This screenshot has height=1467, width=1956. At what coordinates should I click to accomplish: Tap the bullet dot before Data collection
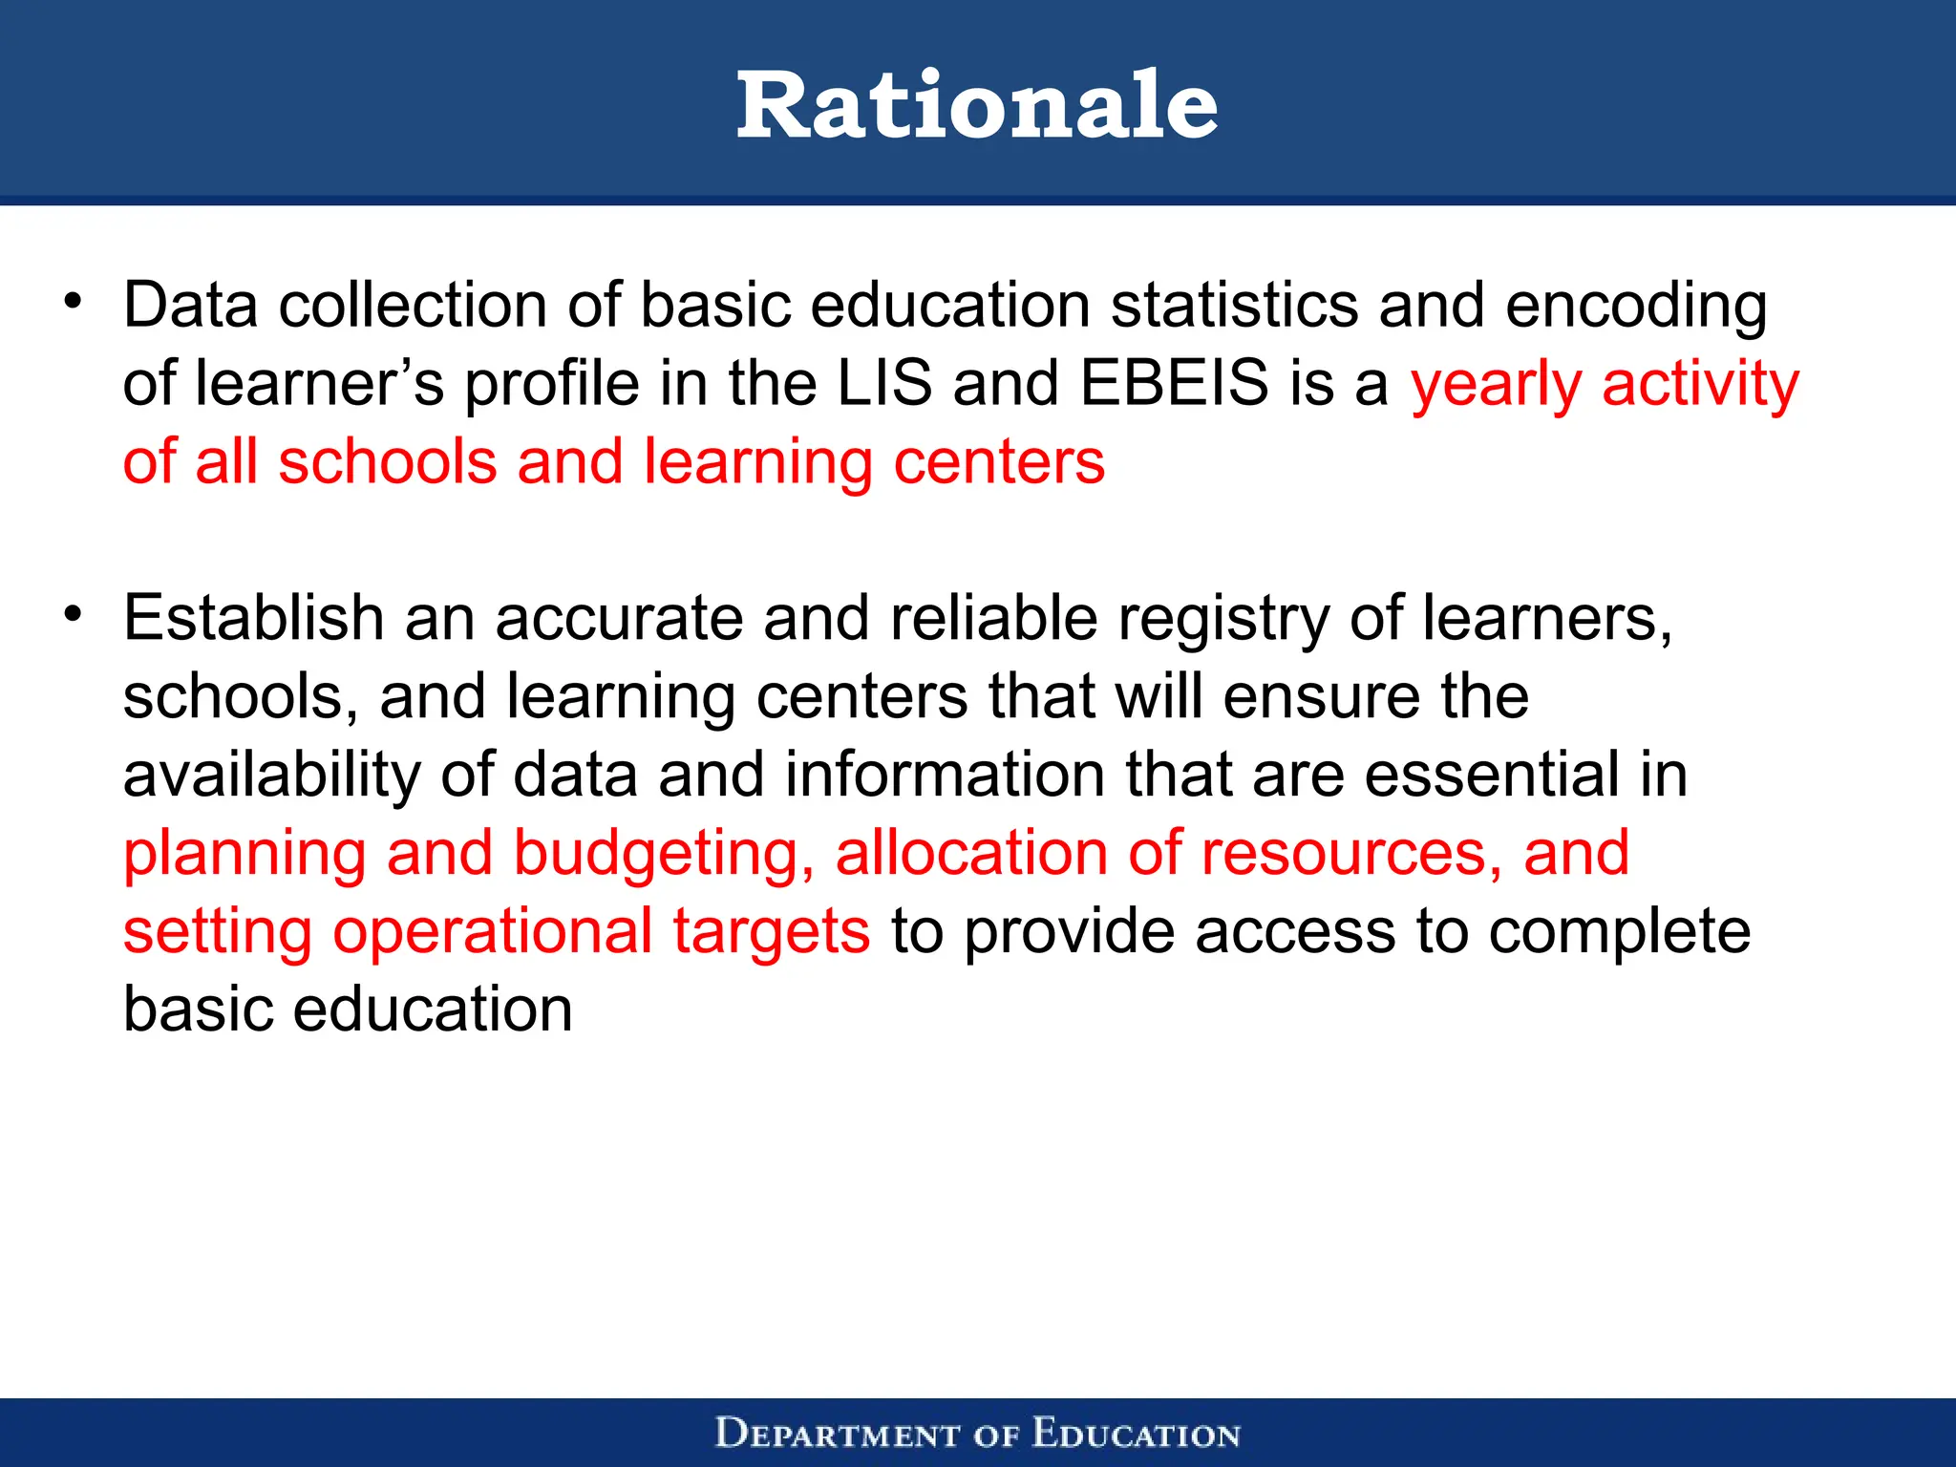point(74,303)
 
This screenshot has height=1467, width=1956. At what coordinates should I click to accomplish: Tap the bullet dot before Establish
point(74,614)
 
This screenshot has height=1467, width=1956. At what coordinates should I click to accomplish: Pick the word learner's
point(320,384)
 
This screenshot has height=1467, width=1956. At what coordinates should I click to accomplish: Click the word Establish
point(253,618)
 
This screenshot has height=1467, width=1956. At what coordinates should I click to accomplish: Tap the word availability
point(271,776)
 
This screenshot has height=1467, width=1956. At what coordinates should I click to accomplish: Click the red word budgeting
point(664,855)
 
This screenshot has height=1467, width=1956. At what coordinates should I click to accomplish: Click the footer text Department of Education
point(977,1434)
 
